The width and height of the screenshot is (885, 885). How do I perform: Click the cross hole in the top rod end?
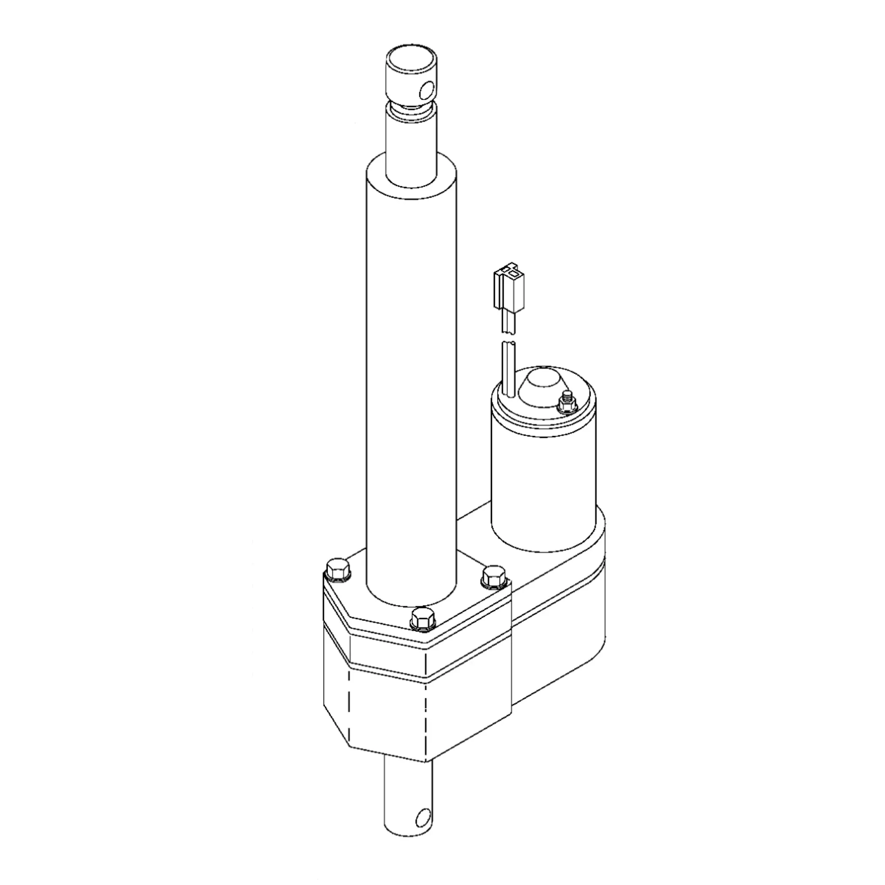pyautogui.click(x=427, y=91)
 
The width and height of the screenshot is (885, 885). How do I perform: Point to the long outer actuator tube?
pyautogui.click(x=412, y=366)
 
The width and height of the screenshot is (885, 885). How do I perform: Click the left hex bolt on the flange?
pyautogui.click(x=337, y=571)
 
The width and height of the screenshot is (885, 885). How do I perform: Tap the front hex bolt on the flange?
pyautogui.click(x=422, y=619)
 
